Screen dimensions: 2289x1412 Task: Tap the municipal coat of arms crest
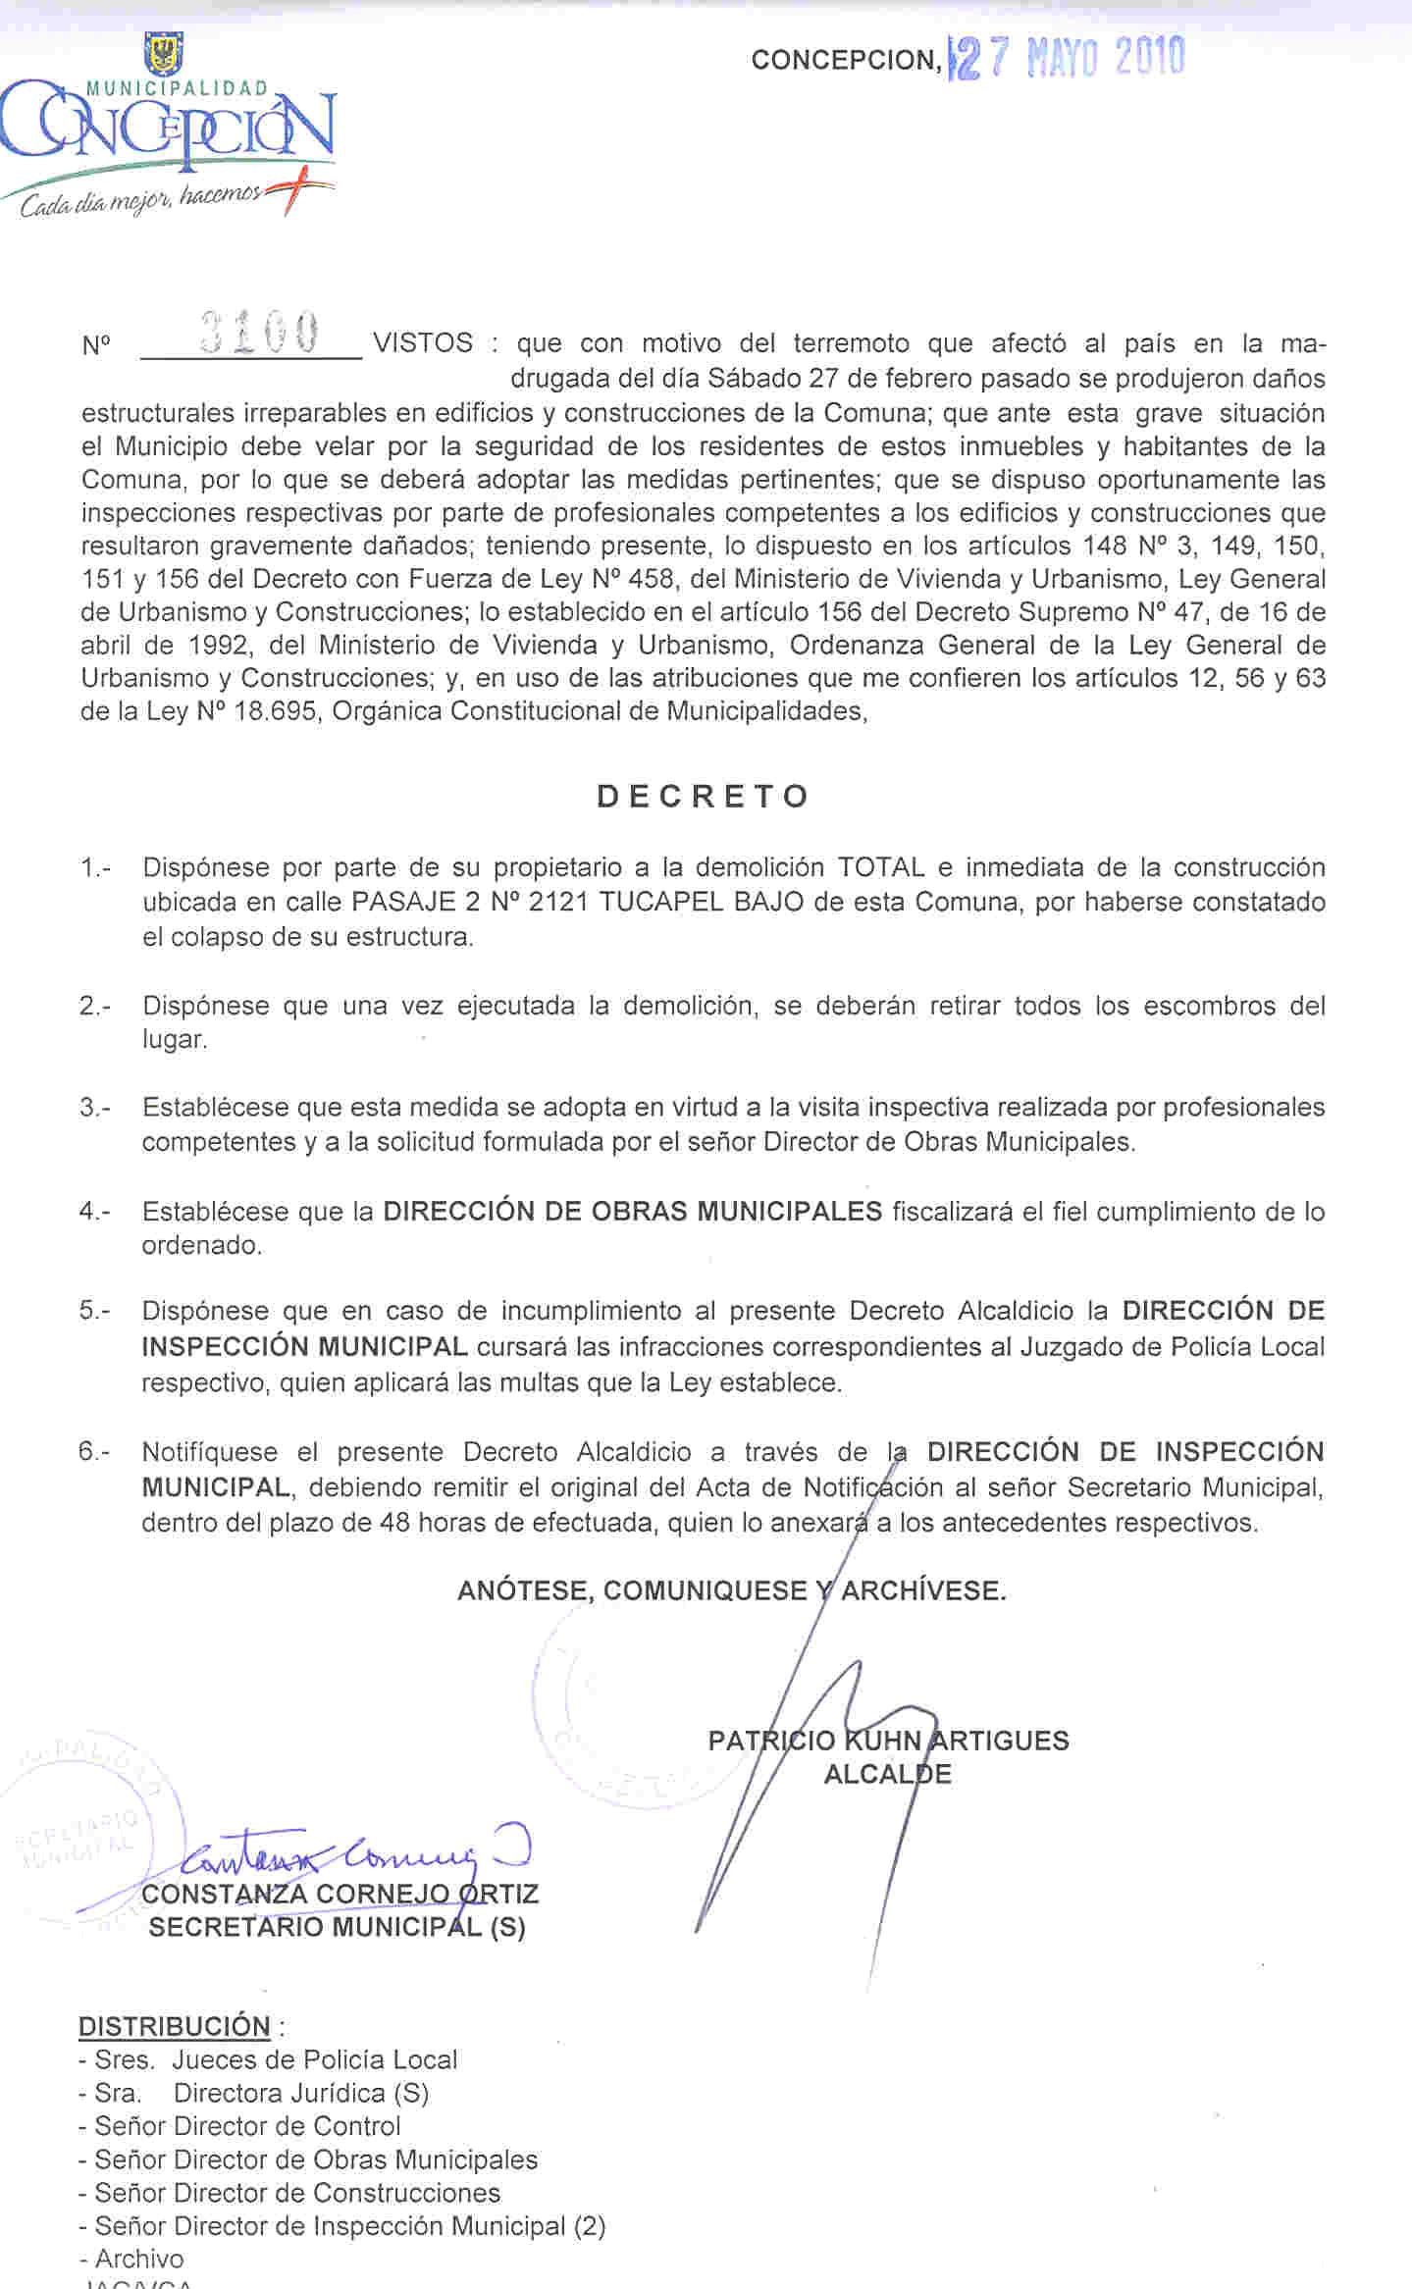(x=163, y=54)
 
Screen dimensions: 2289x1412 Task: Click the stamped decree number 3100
(x=259, y=333)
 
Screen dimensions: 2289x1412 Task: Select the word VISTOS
(x=423, y=343)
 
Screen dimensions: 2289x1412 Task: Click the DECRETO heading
(x=703, y=796)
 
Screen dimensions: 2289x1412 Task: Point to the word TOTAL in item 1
(x=880, y=867)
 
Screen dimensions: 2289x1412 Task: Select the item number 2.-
(x=94, y=1006)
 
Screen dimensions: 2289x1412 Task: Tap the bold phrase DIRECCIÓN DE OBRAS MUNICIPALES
(x=632, y=1211)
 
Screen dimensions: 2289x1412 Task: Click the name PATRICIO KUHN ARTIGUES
(x=888, y=1741)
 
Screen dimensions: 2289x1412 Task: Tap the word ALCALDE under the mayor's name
(x=887, y=1774)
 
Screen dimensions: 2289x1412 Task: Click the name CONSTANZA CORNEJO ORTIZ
(x=340, y=1894)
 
